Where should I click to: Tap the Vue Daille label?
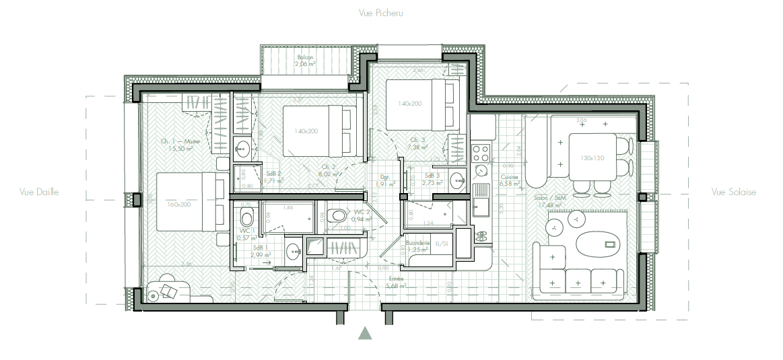pos(39,192)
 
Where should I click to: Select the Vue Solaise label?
pos(734,192)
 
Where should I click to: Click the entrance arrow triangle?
pos(365,332)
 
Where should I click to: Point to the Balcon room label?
pos(306,58)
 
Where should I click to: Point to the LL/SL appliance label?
pos(442,243)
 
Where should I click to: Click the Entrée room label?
pos(396,279)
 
